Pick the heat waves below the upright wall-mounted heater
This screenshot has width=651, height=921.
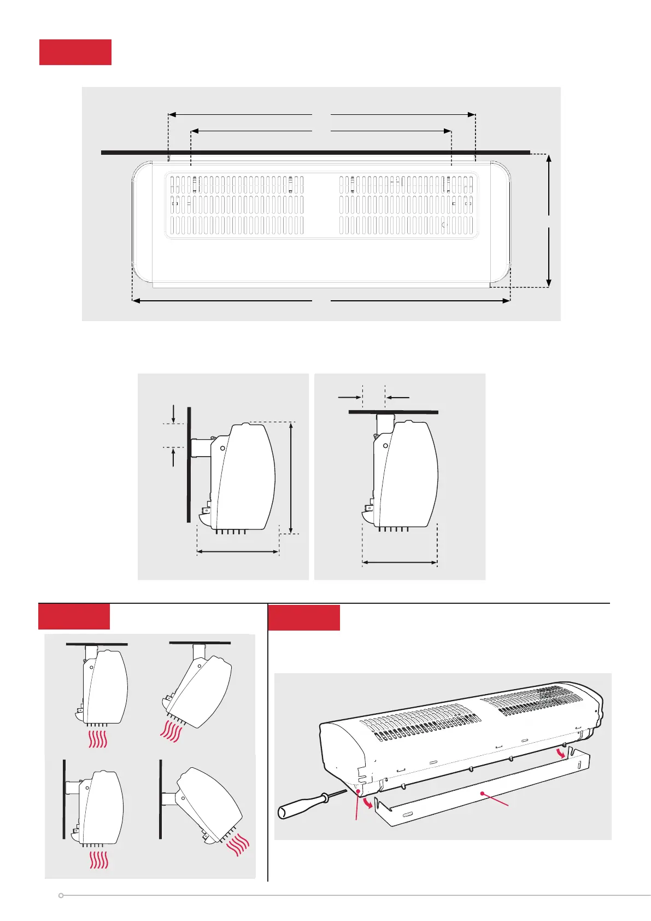pyautogui.click(x=98, y=859)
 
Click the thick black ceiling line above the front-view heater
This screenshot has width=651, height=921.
pyautogui.click(x=315, y=152)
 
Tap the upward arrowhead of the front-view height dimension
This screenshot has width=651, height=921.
pyautogui.click(x=549, y=160)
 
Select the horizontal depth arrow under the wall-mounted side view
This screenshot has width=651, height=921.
pyautogui.click(x=238, y=552)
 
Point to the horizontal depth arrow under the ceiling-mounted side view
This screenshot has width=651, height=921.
pyautogui.click(x=400, y=562)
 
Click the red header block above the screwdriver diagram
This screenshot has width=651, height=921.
pyautogui.click(x=304, y=617)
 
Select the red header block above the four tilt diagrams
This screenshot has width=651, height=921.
pyautogui.click(x=74, y=616)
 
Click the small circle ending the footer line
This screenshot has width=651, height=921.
pyautogui.click(x=61, y=895)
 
